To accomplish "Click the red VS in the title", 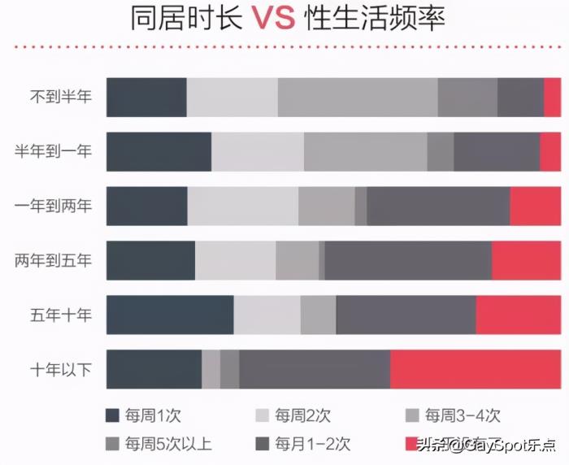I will coord(272,18).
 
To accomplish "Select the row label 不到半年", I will coord(61,97).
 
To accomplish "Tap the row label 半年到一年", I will coord(54,151).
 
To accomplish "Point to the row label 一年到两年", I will coord(54,206).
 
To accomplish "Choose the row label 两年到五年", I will coord(54,261).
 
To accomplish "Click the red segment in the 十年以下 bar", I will coord(476,370).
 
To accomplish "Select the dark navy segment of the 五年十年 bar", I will coord(170,315).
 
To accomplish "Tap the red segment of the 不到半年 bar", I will coord(552,98).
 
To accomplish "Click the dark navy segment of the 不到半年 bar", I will coord(146,98).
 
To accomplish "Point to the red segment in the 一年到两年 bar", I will coord(535,206).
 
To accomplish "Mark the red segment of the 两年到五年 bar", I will coord(526,261).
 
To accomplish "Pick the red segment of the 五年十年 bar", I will coord(518,315).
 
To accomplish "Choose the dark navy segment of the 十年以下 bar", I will coord(154,370).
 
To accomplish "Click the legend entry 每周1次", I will coord(145,415).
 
